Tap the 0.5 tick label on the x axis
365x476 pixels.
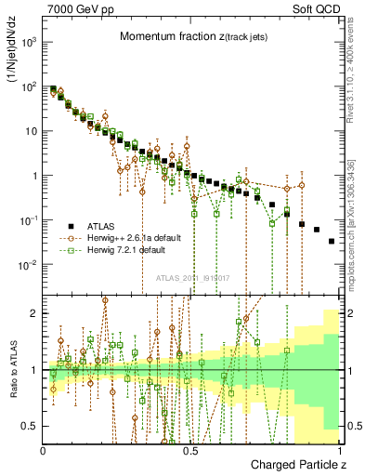pyautogui.click(x=190, y=449)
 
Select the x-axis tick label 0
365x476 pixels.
pyautogui.click(x=44, y=449)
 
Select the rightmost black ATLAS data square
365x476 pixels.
pyautogui.click(x=332, y=241)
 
